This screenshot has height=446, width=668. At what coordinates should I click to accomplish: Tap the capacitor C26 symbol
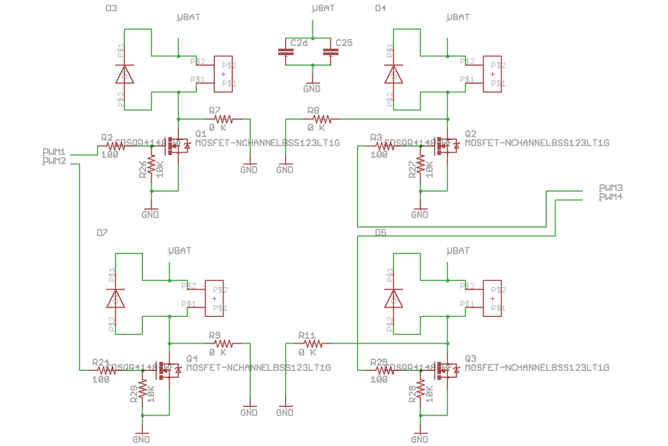pyautogui.click(x=285, y=52)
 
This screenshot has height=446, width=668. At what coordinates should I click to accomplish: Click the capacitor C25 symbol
pyautogui.click(x=332, y=52)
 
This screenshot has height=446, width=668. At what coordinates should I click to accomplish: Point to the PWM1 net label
pyautogui.click(x=53, y=152)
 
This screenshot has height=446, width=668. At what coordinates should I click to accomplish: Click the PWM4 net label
pyautogui.click(x=610, y=198)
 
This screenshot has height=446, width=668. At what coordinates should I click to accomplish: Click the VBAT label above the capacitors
pyautogui.click(x=323, y=8)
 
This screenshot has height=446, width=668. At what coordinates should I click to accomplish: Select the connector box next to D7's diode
pyautogui.click(x=214, y=298)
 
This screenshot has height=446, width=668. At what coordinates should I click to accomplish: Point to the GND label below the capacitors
pyautogui.click(x=312, y=89)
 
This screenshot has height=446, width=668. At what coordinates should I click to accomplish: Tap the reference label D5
pyautogui.click(x=380, y=233)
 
